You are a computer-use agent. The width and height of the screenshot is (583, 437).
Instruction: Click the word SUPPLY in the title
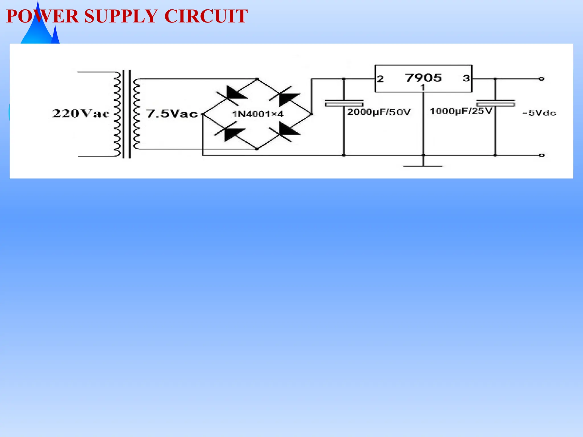click(x=121, y=16)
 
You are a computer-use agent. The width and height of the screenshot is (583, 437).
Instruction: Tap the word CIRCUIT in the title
click(x=206, y=16)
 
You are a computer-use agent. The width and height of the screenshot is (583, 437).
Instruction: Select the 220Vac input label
click(x=81, y=114)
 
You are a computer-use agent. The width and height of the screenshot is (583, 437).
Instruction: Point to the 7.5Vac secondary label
click(x=172, y=114)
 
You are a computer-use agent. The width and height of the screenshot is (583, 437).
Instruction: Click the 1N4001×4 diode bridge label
click(x=258, y=114)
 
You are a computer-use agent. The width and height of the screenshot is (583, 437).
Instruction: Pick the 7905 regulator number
click(x=423, y=78)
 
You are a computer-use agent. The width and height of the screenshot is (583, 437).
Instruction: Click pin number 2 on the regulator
click(x=380, y=79)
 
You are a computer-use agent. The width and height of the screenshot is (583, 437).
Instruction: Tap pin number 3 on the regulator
click(x=466, y=78)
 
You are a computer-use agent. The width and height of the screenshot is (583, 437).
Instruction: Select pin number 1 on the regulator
click(x=423, y=87)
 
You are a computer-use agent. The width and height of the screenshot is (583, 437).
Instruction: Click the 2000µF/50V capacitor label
click(x=379, y=112)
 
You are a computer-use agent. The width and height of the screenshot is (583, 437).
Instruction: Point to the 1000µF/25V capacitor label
click(x=461, y=111)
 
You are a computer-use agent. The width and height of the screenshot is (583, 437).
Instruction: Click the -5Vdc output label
click(x=539, y=113)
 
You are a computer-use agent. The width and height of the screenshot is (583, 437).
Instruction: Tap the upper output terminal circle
click(x=541, y=79)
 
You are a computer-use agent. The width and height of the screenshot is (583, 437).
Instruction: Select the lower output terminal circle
click(x=542, y=155)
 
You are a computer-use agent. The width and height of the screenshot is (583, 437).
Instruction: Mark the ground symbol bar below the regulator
click(x=423, y=166)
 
